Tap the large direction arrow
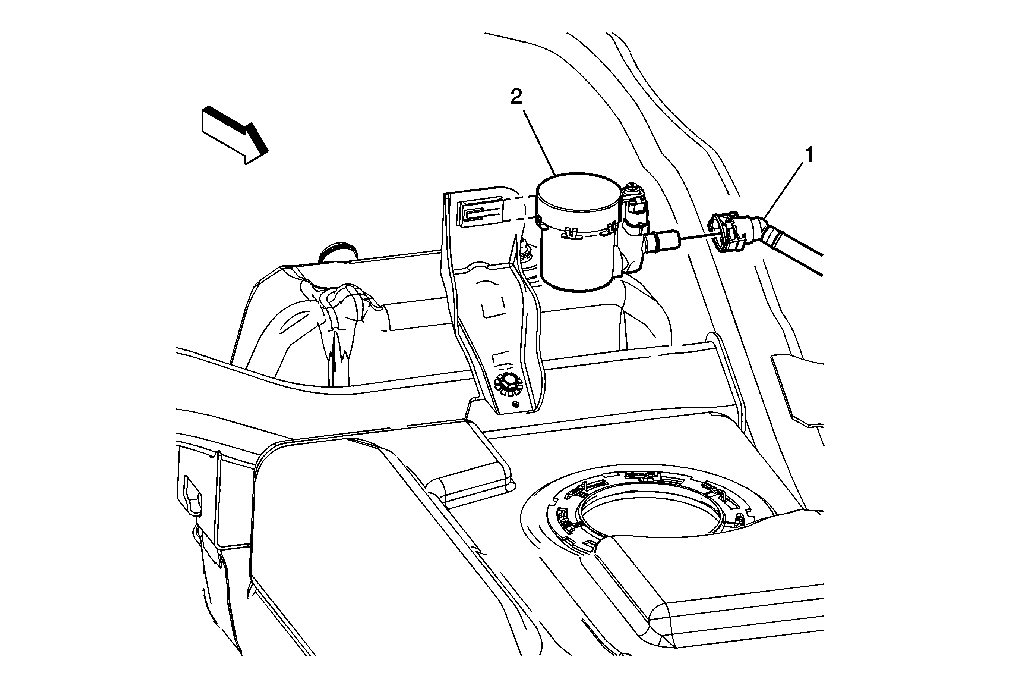point(234,135)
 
